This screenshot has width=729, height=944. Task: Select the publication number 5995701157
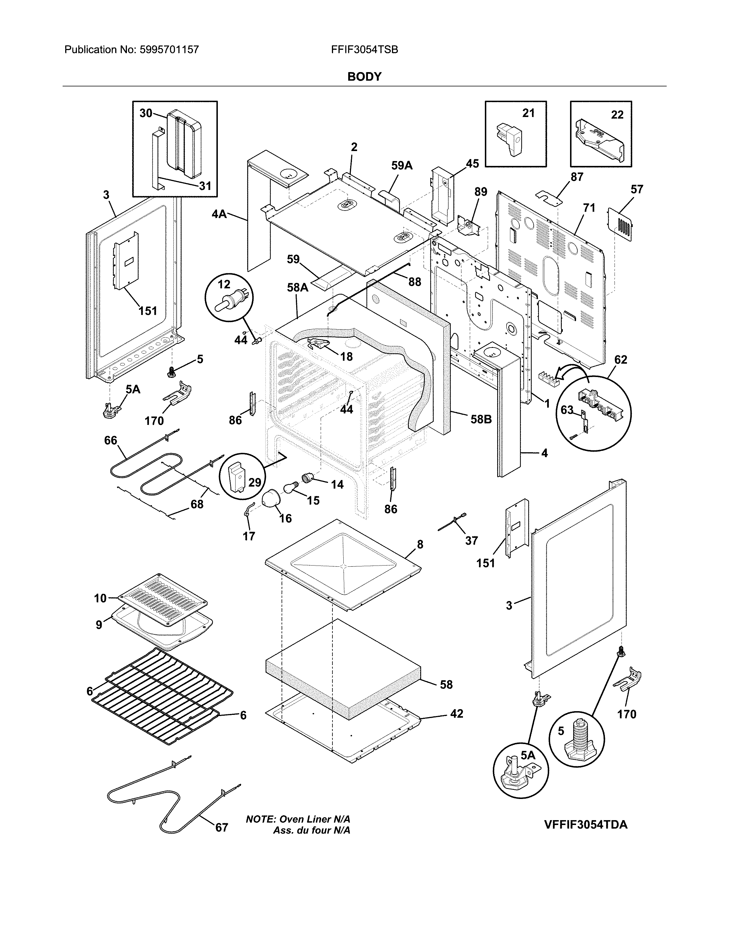pos(169,50)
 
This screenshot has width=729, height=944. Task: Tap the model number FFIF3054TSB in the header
pos(364,50)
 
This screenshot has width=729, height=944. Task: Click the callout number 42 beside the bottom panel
pos(457,714)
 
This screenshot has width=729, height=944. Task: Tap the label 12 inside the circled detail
pos(224,284)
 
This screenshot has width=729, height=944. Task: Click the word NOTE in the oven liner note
pos(260,819)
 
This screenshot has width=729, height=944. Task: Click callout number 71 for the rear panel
pos(589,208)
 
